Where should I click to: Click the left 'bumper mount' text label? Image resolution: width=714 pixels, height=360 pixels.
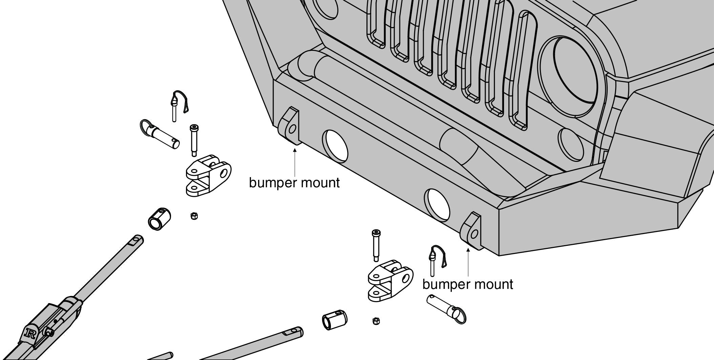coord(294,183)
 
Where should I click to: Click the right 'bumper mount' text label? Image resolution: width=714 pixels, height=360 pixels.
coord(467,284)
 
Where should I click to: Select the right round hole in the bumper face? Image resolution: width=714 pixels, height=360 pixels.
coord(438,204)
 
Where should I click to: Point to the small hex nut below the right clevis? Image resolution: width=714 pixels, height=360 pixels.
coord(375,321)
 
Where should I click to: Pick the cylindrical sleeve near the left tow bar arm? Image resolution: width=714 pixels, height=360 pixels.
coord(159,219)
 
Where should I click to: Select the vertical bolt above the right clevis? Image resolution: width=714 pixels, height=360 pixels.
coord(376,245)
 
